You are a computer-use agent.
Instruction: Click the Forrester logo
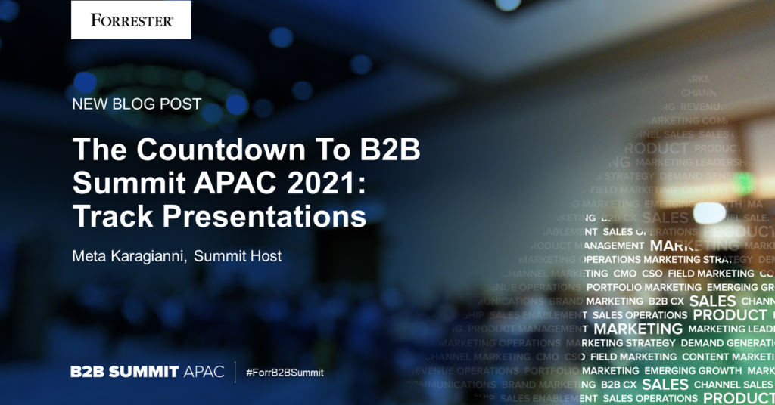point(131,20)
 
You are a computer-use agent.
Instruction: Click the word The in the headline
point(97,150)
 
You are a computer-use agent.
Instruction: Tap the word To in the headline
point(331,150)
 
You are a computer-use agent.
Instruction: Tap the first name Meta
point(88,256)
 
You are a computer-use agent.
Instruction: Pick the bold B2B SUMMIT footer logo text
point(125,373)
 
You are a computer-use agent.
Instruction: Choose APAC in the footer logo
point(204,373)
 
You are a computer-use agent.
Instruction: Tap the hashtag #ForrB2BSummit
point(285,373)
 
